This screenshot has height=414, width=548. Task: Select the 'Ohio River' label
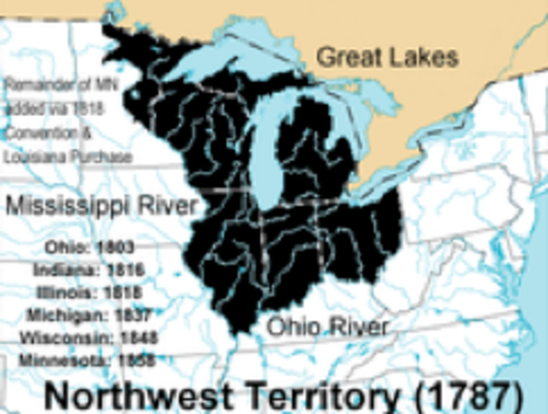(x=327, y=327)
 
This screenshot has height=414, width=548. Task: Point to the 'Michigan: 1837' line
(x=91, y=314)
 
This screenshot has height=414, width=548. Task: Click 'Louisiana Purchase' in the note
(x=66, y=158)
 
